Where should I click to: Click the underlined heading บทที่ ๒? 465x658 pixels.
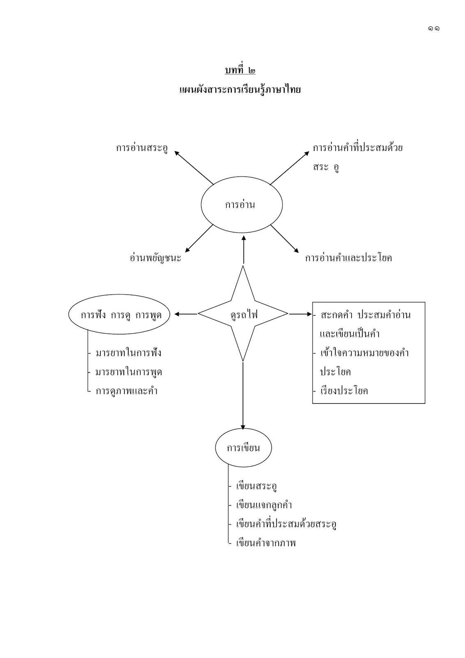pos(240,70)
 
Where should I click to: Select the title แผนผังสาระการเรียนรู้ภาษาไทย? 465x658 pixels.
pos(240,89)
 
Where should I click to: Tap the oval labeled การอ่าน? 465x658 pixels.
pos(241,205)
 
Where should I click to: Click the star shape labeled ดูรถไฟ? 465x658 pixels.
pos(243,314)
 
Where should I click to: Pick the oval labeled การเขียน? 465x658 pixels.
pos(243,448)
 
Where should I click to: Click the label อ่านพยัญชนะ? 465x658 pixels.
pos(155,258)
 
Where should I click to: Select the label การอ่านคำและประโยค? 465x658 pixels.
pos(348,258)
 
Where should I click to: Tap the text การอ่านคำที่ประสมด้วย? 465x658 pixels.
pos(357,148)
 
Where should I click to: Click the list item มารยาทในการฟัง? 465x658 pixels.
pos(128,353)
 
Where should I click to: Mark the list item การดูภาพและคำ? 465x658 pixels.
pos(127,391)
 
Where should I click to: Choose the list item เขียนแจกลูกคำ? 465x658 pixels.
pos(264,505)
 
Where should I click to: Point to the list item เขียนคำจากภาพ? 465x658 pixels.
pos(266,543)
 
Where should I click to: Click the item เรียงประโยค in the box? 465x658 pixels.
pos(344,391)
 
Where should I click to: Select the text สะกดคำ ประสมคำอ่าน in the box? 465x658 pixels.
pos(366,315)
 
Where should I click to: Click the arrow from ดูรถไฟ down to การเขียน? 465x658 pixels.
pos(243,395)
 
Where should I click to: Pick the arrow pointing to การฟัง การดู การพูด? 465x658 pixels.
pos(186,314)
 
